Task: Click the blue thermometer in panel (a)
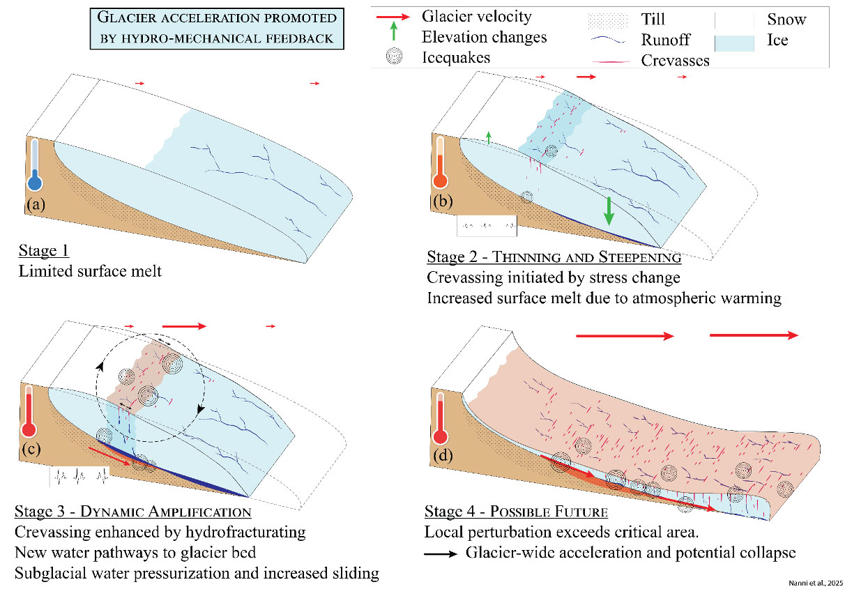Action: pyautogui.click(x=34, y=166)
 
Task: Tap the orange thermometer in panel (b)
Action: pyautogui.click(x=440, y=163)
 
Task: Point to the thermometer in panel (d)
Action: pyautogui.click(x=440, y=418)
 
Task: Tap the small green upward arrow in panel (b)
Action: pyautogui.click(x=489, y=137)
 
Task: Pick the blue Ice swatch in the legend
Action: pyautogui.click(x=735, y=40)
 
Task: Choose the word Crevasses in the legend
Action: pyautogui.click(x=675, y=61)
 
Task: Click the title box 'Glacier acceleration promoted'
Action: pyautogui.click(x=217, y=28)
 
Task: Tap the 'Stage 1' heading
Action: pyautogui.click(x=44, y=252)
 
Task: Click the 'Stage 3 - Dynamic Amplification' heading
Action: pyautogui.click(x=132, y=512)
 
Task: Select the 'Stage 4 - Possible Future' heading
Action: pyautogui.click(x=516, y=512)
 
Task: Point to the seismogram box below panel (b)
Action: pyautogui.click(x=487, y=225)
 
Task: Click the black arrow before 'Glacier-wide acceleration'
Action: pyautogui.click(x=443, y=554)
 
